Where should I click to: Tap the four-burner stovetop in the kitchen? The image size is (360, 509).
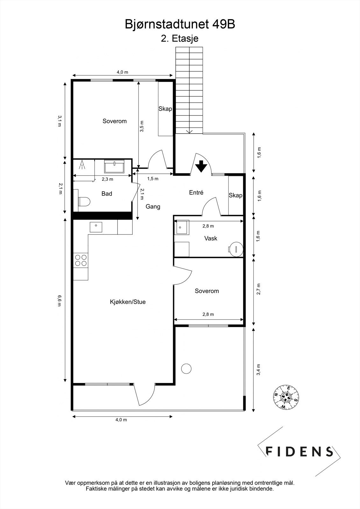tap(81, 261)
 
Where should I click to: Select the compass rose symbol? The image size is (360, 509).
tap(286, 397)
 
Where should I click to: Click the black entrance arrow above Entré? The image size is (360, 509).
tap(201, 166)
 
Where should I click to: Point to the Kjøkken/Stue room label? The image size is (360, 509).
tap(128, 302)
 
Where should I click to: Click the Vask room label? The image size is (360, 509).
tap(211, 238)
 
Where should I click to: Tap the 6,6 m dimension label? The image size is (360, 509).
tap(59, 301)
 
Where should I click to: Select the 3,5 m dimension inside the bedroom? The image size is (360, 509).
tap(141, 126)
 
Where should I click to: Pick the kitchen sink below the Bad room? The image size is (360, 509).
tap(96, 227)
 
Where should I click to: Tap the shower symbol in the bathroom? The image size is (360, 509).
tap(82, 165)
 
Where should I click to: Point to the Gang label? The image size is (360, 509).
tap(153, 207)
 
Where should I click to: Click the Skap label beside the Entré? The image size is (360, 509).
tap(235, 195)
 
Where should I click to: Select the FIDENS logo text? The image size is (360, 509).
tap(299, 451)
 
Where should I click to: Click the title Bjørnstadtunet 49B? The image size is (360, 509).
tap(180, 24)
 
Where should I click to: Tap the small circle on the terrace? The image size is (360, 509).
tap(186, 368)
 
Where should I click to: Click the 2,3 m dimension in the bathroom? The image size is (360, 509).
tap(107, 179)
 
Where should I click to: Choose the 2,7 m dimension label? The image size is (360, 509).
tap(258, 289)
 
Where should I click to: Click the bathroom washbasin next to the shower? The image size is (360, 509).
tap(114, 166)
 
